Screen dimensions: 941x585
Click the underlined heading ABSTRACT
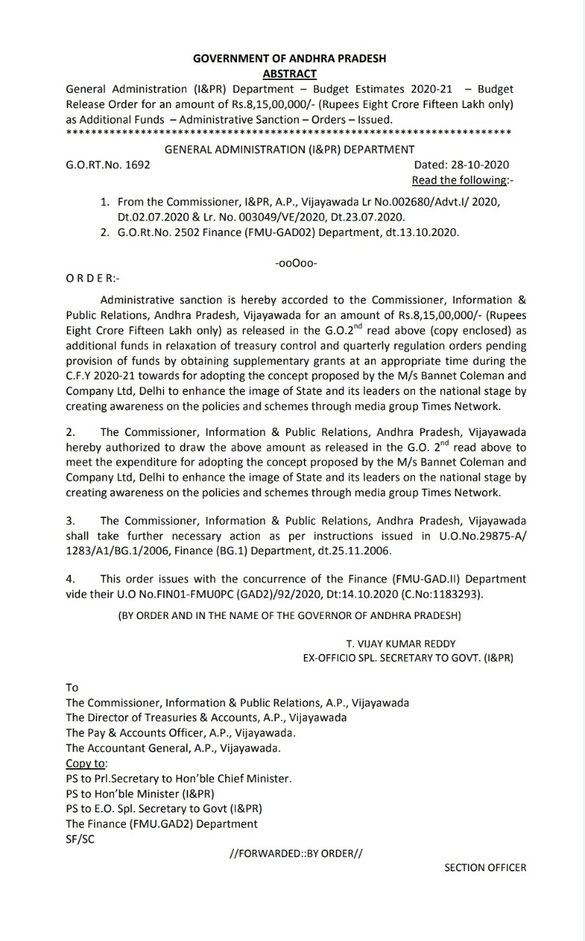[x=289, y=74]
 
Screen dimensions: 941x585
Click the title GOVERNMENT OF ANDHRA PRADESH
[x=289, y=58]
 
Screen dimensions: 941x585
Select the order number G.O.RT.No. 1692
[x=108, y=165]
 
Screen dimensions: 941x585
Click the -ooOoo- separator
[x=295, y=262]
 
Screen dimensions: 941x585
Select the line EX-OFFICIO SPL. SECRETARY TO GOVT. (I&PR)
[x=408, y=658]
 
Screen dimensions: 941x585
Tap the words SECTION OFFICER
[x=485, y=867]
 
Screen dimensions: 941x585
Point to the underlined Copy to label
[x=86, y=763]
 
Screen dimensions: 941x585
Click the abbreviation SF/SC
[x=80, y=839]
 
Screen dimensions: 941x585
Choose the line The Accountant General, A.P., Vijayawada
[x=173, y=748]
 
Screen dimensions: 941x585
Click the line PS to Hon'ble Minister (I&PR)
[x=140, y=793]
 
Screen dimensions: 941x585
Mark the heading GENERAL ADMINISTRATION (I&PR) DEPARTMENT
[x=289, y=149]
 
